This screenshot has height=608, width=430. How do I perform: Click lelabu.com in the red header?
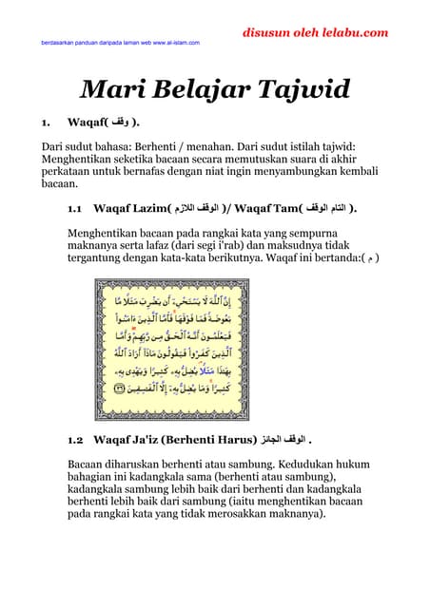(x=355, y=32)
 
